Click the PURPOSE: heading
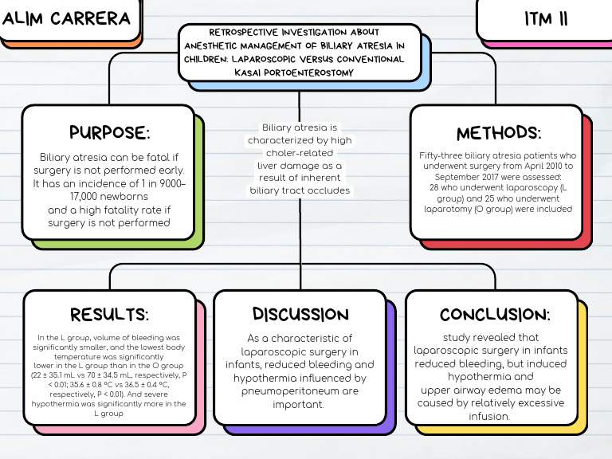tap(109, 132)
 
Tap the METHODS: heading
tap(499, 133)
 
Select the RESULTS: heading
tap(109, 314)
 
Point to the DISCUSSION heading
tap(300, 314)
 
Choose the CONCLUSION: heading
tap(495, 314)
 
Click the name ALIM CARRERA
tap(67, 18)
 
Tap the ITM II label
tap(547, 18)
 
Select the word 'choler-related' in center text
tap(300, 153)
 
